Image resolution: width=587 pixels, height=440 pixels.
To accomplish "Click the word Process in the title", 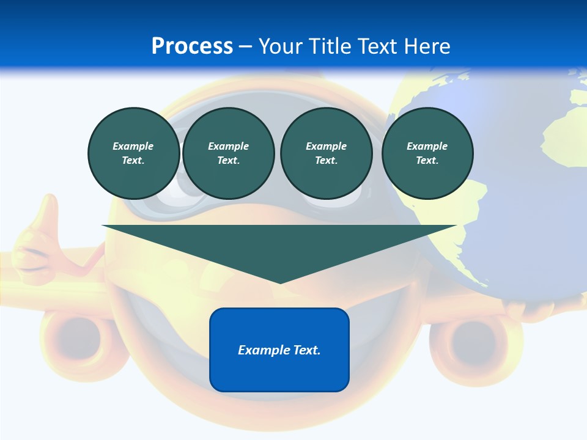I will click(x=192, y=46).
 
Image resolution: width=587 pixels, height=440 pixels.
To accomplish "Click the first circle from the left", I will click(x=133, y=153).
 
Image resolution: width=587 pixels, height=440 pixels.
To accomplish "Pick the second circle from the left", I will click(x=228, y=153).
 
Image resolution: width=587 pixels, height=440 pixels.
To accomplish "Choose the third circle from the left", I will click(x=326, y=153).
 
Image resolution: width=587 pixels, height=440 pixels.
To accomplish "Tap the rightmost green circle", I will click(x=427, y=153).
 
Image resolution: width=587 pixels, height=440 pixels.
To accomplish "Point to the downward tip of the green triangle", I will click(x=280, y=282).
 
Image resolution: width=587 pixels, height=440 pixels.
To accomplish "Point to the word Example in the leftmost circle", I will click(x=133, y=146).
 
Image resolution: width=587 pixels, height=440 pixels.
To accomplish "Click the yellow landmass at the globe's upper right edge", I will click(x=577, y=98).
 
